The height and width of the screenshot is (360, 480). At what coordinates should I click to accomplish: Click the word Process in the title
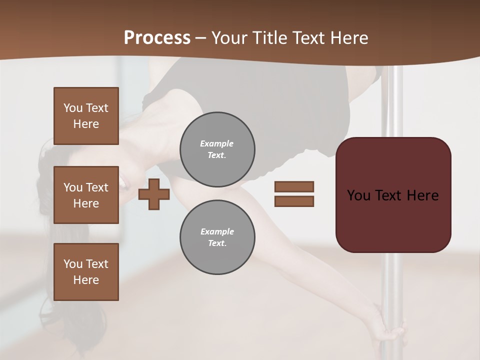pyautogui.click(x=157, y=38)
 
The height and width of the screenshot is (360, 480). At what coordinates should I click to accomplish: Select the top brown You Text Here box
pyautogui.click(x=86, y=116)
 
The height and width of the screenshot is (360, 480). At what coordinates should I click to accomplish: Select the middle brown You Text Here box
pyautogui.click(x=86, y=195)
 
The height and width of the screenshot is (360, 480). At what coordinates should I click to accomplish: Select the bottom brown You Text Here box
pyautogui.click(x=86, y=272)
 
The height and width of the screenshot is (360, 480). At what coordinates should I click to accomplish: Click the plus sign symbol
pyautogui.click(x=154, y=194)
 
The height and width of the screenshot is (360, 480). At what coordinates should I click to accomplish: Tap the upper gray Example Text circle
pyautogui.click(x=217, y=149)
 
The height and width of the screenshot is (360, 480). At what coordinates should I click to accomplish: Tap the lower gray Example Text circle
pyautogui.click(x=217, y=237)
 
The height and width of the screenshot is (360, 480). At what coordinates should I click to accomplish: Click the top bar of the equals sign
pyautogui.click(x=294, y=186)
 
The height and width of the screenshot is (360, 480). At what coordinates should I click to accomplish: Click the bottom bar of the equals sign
pyautogui.click(x=294, y=201)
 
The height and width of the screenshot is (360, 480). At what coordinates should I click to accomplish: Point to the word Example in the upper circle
pyautogui.click(x=216, y=143)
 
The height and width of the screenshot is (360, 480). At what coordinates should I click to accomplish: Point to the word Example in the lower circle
pyautogui.click(x=217, y=231)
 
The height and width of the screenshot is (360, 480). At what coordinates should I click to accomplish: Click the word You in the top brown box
pyautogui.click(x=73, y=108)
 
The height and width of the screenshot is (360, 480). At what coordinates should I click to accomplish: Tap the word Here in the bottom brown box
pyautogui.click(x=86, y=280)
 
